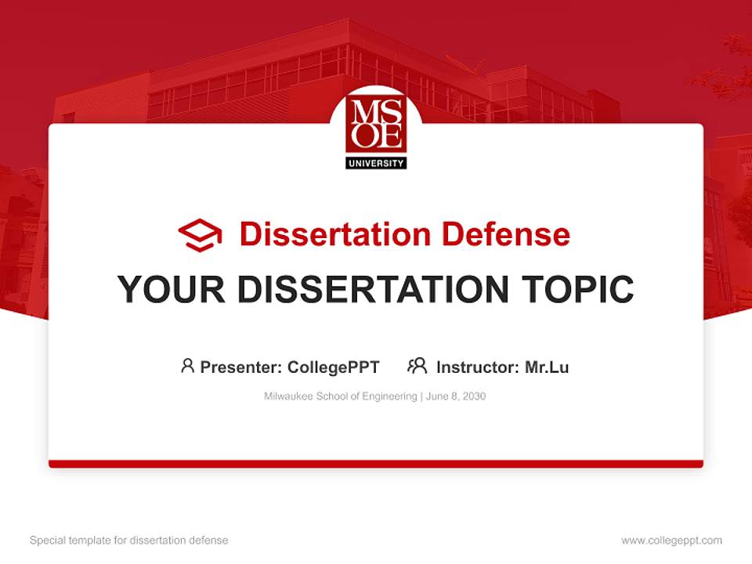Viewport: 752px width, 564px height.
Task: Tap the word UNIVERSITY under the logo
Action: tap(376, 163)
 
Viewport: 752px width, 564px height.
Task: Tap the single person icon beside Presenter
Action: tap(187, 366)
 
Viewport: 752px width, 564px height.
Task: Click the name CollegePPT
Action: tap(334, 367)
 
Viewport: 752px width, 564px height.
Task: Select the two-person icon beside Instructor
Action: tap(417, 366)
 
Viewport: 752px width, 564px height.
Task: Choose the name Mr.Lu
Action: tap(547, 367)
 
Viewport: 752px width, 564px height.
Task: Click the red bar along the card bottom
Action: tap(376, 464)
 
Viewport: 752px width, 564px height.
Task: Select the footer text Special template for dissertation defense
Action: tap(129, 540)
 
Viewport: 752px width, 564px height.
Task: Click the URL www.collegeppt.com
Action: tap(671, 540)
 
